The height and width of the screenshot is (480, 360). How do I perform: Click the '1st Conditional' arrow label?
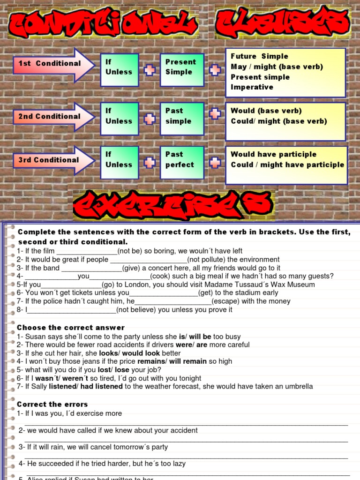50,64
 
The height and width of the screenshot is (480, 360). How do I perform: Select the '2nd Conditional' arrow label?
50,117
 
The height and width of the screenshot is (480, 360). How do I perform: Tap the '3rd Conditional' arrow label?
49,160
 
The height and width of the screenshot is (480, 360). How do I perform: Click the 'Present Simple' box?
181,69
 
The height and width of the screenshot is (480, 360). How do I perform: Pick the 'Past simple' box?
181,119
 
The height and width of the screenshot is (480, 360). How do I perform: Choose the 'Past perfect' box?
181,162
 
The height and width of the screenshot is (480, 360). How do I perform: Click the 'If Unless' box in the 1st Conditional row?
119,69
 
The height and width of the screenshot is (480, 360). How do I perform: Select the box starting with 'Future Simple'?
285,72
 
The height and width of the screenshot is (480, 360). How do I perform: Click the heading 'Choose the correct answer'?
71,328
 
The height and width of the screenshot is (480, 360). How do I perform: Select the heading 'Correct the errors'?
52,404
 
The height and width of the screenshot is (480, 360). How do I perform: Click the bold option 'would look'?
141,353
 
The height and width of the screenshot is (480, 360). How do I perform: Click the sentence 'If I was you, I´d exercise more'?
69,413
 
